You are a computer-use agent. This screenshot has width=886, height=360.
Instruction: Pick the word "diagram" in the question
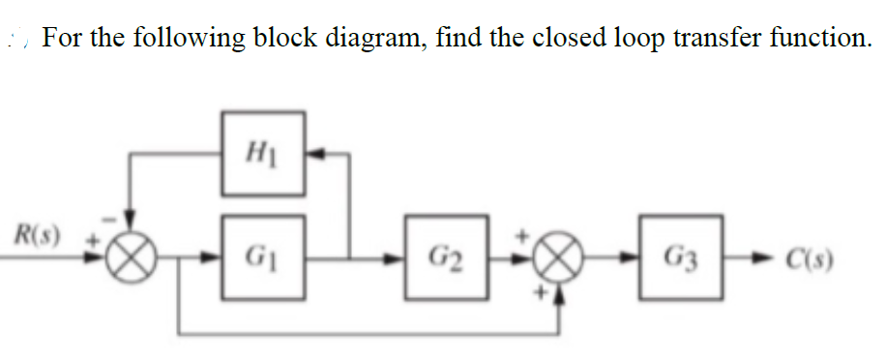click(x=377, y=41)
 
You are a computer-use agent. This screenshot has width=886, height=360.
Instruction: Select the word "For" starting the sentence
click(x=67, y=39)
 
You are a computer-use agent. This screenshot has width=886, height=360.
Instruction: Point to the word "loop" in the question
click(x=640, y=41)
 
